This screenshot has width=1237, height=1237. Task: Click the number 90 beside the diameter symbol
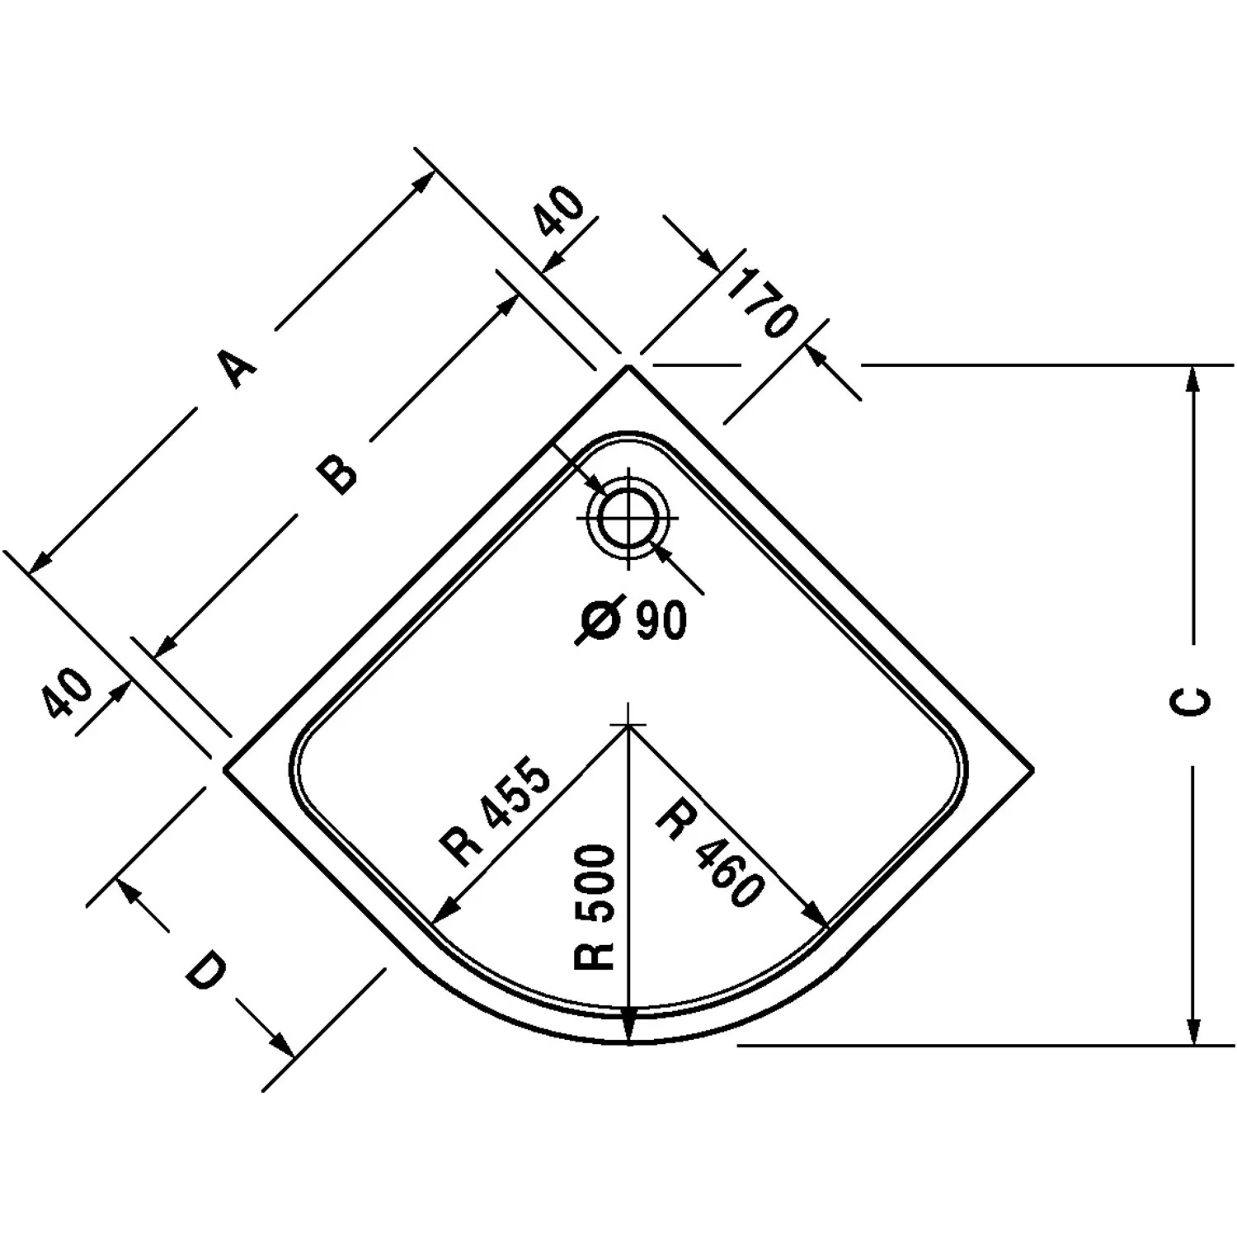(661, 620)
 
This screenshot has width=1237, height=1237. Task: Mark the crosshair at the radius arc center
(629, 724)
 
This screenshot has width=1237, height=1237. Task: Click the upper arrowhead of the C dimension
(1192, 379)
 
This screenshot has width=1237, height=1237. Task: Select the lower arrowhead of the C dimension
(1192, 1031)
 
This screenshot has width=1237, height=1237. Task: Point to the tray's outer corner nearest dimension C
(1032, 769)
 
